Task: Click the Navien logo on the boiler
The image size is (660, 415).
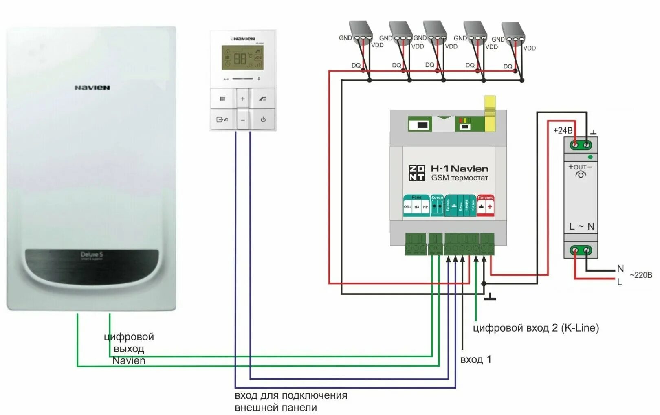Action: click(92, 88)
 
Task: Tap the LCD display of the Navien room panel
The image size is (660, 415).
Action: click(242, 58)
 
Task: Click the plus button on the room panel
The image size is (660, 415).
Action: click(242, 99)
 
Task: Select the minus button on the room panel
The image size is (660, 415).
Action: click(242, 120)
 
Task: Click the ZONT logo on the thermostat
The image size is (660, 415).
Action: click(416, 173)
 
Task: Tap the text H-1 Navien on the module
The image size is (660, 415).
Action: click(460, 169)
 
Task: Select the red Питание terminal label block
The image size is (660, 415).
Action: click(485, 206)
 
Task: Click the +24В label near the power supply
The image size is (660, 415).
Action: click(563, 130)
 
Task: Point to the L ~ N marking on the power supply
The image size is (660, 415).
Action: click(581, 226)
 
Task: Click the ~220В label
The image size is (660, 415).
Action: click(641, 275)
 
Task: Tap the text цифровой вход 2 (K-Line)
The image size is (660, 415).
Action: click(536, 328)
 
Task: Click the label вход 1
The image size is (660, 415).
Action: click(475, 360)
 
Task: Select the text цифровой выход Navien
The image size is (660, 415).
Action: click(129, 349)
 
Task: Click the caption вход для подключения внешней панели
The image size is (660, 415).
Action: click(290, 401)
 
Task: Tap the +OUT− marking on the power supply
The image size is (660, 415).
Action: click(580, 167)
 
